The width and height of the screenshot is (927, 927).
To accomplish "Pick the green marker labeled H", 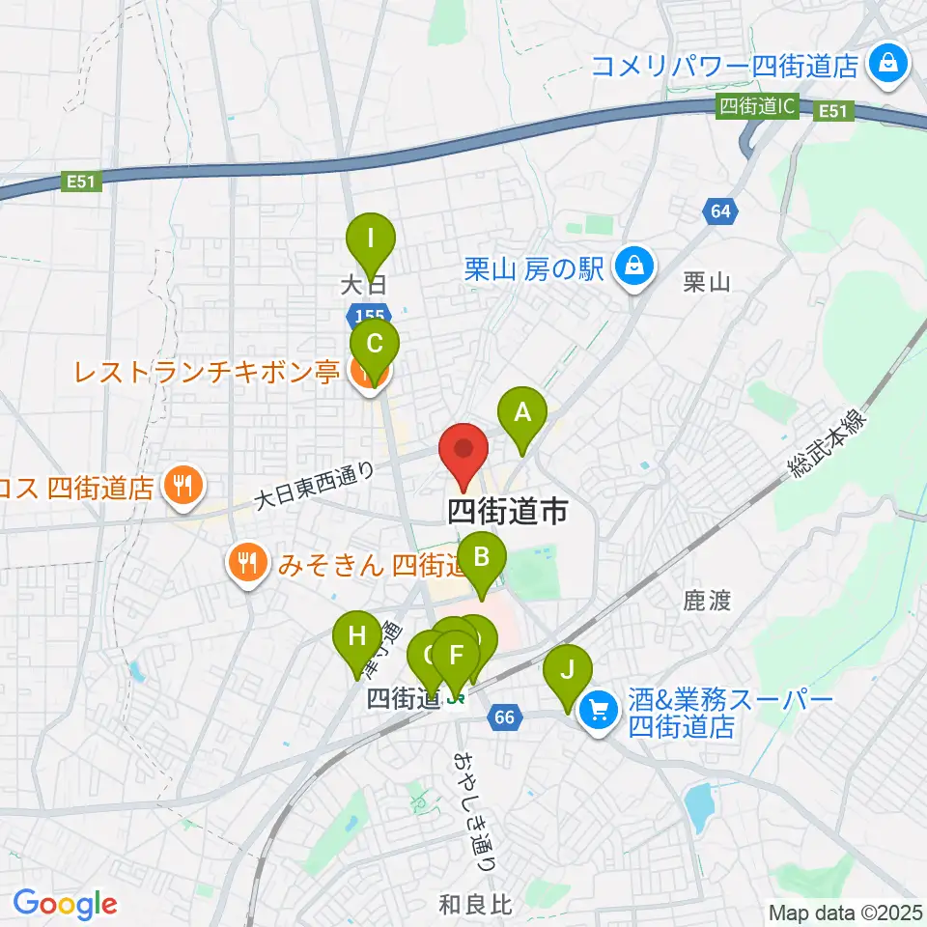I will pyautogui.click(x=357, y=636).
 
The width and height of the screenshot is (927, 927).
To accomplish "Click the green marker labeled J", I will pyautogui.click(x=568, y=668).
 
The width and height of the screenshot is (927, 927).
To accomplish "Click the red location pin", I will pyautogui.click(x=463, y=449).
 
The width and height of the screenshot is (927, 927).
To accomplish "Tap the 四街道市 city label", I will pyautogui.click(x=508, y=512).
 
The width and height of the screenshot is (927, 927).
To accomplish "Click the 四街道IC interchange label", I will pyautogui.click(x=757, y=107).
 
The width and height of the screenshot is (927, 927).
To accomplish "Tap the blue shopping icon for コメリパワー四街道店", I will pyautogui.click(x=885, y=65).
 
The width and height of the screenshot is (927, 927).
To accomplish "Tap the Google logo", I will pyautogui.click(x=65, y=904).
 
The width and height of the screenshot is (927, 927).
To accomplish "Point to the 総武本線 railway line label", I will pyautogui.click(x=829, y=442).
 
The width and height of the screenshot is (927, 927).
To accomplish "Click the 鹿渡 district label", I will pyautogui.click(x=706, y=602).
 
